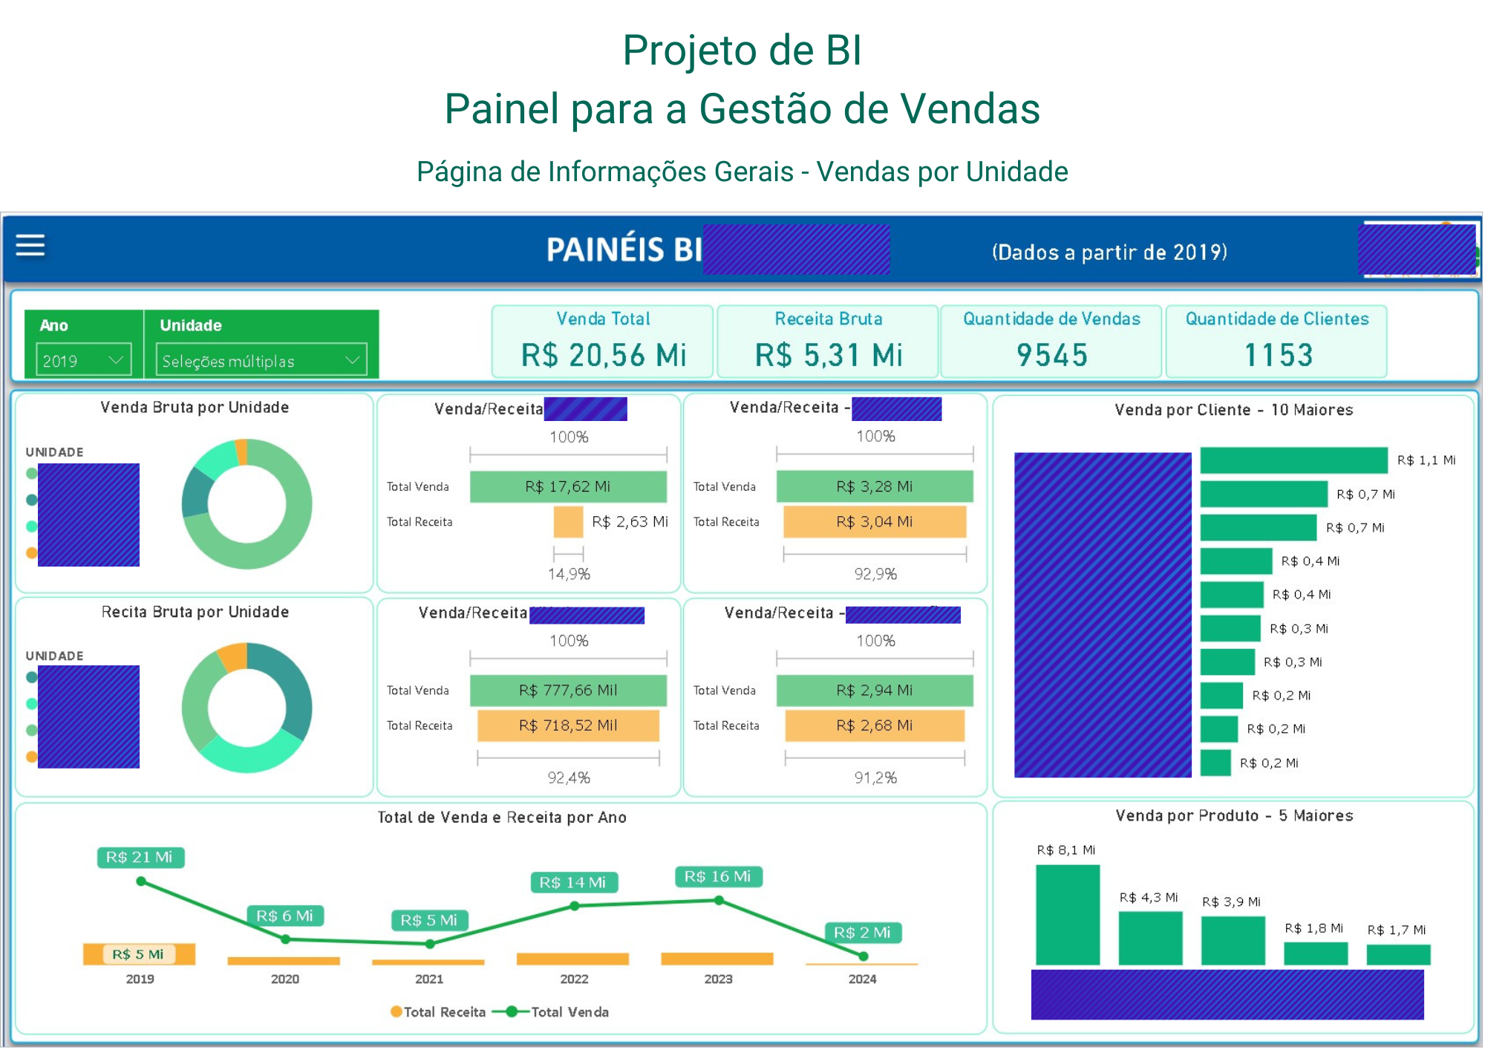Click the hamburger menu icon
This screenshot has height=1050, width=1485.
[x=30, y=245]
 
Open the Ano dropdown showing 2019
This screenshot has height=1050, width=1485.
[x=83, y=361]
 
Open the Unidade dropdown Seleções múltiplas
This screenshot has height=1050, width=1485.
[x=261, y=361]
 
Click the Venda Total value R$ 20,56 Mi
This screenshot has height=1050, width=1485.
[x=604, y=355]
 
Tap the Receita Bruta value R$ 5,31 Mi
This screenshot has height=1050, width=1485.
[x=829, y=355]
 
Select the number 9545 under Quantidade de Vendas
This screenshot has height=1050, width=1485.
[x=1052, y=355]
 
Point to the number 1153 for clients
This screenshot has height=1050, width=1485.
[x=1278, y=355]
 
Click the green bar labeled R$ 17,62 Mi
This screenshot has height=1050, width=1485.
[x=568, y=486]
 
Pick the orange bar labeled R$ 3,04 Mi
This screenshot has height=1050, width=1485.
[x=875, y=522]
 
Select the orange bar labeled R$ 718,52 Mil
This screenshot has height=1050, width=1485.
[x=568, y=725]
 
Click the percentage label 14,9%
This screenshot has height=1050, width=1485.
[x=569, y=574]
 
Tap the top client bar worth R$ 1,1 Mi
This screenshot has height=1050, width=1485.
[x=1293, y=460]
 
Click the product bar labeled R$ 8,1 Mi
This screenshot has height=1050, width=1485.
[x=1068, y=915]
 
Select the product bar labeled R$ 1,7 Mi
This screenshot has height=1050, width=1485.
[x=1398, y=954]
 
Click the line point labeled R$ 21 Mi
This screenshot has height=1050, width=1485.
[x=141, y=881]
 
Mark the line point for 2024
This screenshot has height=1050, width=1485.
[x=863, y=956]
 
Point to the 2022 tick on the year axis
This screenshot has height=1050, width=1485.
[x=574, y=979]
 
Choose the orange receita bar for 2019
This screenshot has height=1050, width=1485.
[x=139, y=954]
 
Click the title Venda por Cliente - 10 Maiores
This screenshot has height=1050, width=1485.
[x=1233, y=410]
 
